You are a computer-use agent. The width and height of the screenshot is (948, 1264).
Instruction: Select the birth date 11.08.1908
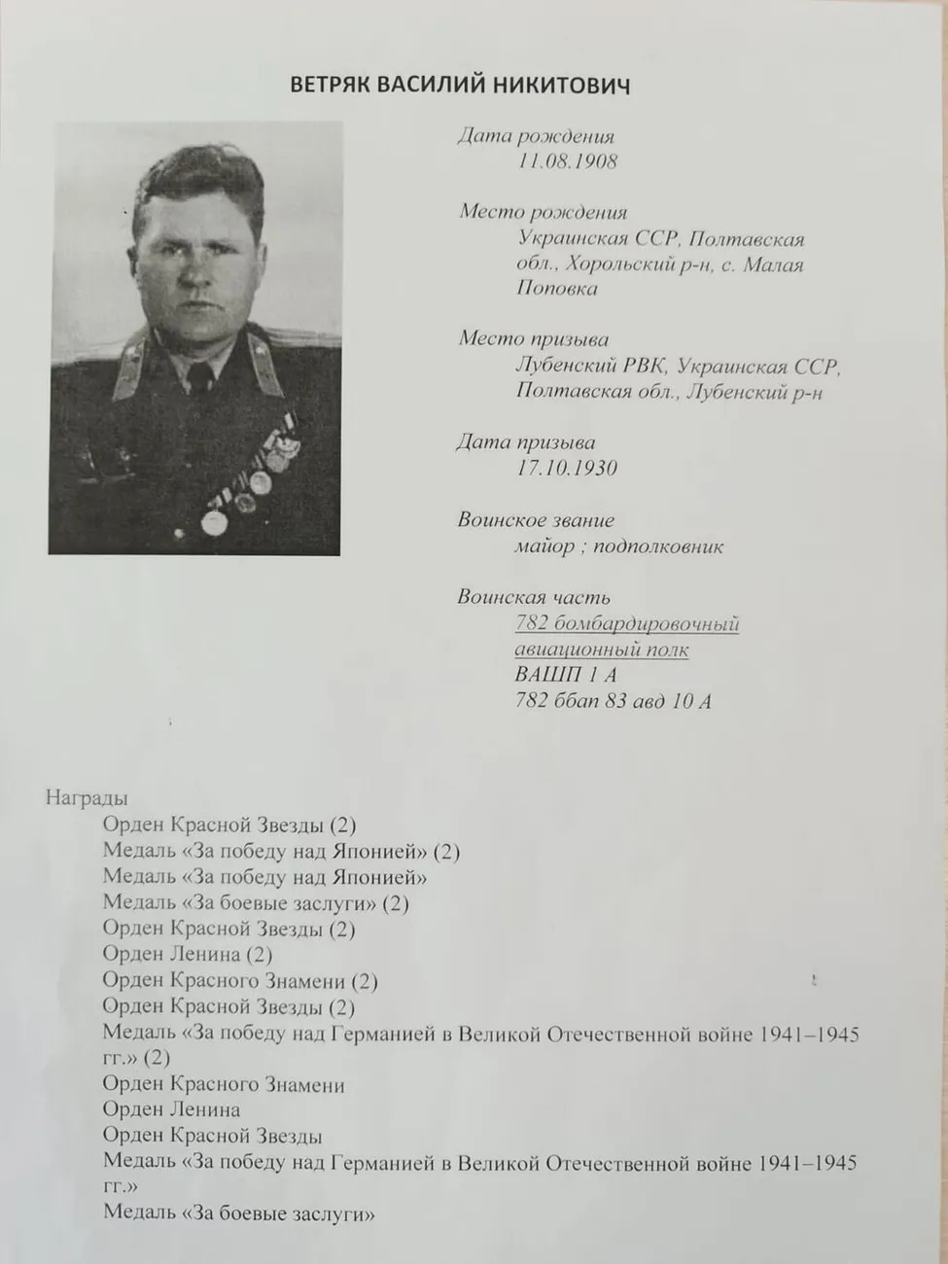point(567,161)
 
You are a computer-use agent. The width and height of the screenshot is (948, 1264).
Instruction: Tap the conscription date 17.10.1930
point(567,468)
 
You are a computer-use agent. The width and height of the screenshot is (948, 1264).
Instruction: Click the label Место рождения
point(543,212)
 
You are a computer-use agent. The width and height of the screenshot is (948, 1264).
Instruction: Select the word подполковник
point(658,546)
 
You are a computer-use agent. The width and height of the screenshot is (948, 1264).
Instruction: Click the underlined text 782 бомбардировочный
point(627,623)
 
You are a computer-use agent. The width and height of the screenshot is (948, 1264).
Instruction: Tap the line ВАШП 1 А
point(565,675)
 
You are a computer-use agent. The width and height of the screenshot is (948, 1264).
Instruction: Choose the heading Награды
point(87,798)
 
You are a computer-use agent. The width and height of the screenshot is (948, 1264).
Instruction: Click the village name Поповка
point(557,289)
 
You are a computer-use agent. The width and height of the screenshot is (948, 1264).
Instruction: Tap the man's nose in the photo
point(196,283)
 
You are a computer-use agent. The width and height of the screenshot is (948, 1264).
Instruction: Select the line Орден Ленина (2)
point(187,955)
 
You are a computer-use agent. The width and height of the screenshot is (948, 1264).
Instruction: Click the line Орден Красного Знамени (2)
point(239,981)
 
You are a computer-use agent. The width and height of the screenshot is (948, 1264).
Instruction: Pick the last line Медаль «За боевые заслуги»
point(238,1213)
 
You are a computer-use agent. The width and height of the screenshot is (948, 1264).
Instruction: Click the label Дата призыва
point(526,442)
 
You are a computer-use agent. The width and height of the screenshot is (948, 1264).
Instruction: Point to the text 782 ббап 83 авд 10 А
point(613,701)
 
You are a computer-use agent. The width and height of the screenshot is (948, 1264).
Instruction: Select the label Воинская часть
point(534,597)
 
